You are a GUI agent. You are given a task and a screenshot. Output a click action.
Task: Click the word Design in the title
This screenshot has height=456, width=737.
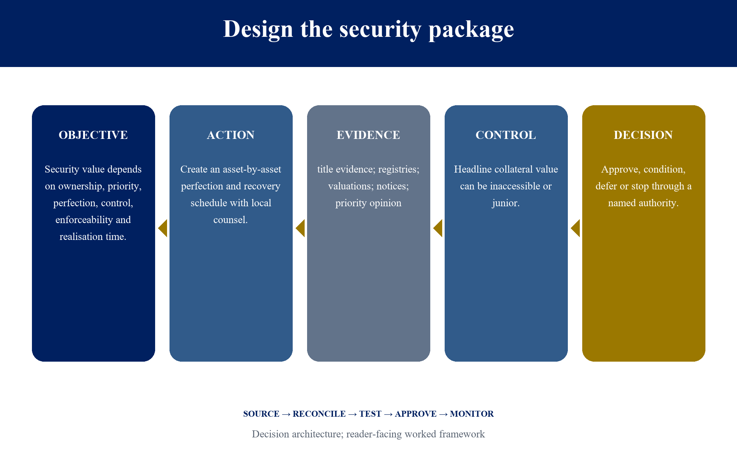coord(258,29)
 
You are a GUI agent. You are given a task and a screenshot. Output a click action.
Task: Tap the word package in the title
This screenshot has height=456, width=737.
coord(471,29)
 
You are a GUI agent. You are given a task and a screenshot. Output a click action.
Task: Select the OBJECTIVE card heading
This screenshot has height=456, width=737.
coord(93,135)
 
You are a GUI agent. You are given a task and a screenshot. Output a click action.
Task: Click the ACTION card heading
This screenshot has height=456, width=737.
coord(231,135)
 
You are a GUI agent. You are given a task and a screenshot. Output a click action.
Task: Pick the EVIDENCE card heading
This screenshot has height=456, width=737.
coord(368,135)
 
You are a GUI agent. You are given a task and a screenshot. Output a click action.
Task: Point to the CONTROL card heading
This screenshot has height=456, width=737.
coord(506,135)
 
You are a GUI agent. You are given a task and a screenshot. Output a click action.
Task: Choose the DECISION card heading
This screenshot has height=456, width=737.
coord(643,135)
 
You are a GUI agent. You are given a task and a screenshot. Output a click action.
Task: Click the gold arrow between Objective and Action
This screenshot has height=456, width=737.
coord(163,228)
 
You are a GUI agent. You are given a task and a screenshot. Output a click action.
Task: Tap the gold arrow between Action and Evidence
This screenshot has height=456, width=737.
coord(300,228)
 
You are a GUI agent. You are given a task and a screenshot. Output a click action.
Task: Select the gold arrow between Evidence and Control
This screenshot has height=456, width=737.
coord(438,228)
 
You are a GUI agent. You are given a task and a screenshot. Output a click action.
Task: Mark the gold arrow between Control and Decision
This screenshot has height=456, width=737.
coord(576,228)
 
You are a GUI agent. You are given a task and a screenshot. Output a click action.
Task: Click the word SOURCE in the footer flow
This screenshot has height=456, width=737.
coord(261,414)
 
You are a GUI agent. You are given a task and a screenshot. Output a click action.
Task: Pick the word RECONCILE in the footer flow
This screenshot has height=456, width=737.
coord(319,414)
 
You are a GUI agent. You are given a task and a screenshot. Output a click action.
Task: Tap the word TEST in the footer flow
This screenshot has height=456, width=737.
coord(370,414)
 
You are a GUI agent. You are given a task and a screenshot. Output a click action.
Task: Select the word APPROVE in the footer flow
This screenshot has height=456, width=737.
coord(416,414)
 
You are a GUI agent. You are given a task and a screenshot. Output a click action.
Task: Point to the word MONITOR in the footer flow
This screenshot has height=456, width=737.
coord(472,414)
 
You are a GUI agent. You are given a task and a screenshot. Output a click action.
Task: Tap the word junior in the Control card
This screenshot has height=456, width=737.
coord(505,203)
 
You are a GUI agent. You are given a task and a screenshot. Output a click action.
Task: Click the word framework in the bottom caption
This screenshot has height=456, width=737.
coord(462,434)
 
